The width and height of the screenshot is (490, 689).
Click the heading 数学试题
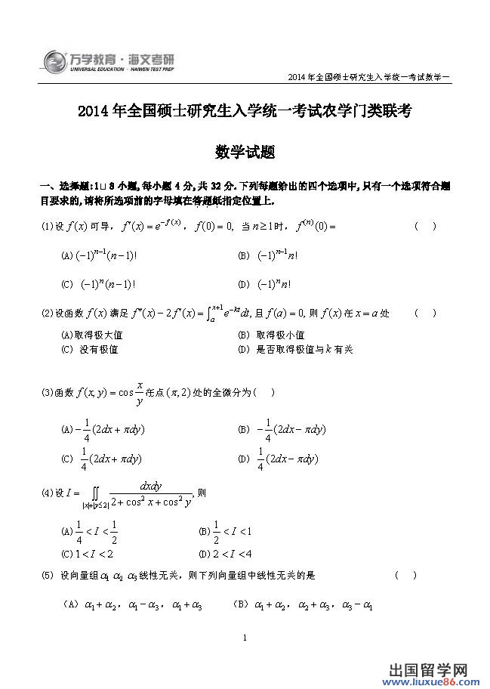(245, 151)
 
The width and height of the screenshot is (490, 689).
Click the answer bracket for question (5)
(405, 576)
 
